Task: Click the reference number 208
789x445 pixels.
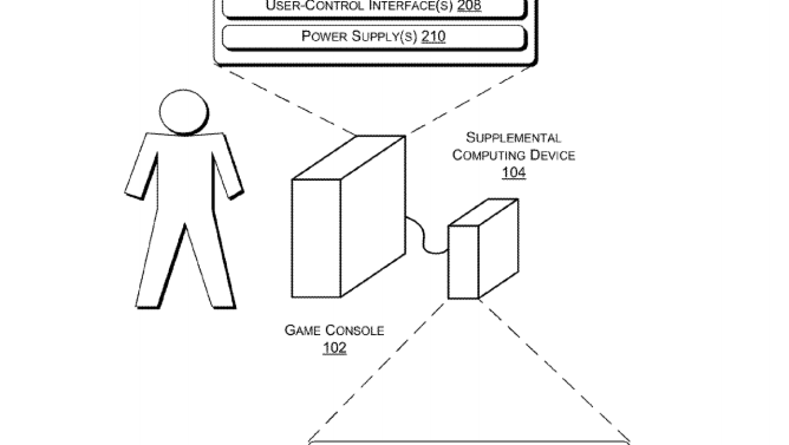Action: (x=469, y=6)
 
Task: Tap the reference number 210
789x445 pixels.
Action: (x=433, y=36)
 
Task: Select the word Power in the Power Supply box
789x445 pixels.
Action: (x=324, y=36)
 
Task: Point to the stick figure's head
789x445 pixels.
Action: (x=184, y=112)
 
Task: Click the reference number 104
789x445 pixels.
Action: (x=513, y=173)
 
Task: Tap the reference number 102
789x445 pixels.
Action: (x=335, y=348)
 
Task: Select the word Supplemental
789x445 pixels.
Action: (x=513, y=137)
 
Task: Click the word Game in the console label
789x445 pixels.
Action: (x=303, y=330)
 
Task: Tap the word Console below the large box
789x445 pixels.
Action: (x=354, y=330)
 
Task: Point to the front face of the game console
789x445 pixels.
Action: (x=316, y=239)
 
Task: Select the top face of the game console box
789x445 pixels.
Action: (x=349, y=157)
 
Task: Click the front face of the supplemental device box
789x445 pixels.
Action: (x=463, y=263)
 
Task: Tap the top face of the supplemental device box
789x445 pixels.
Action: (x=483, y=212)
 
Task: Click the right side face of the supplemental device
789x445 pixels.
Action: (x=499, y=248)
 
